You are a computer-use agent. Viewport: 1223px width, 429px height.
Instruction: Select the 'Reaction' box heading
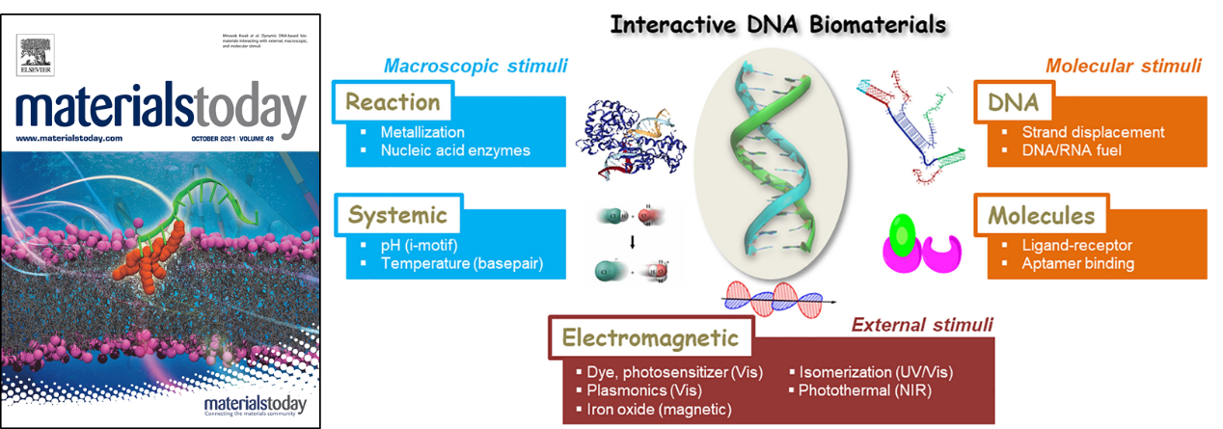[x=393, y=101]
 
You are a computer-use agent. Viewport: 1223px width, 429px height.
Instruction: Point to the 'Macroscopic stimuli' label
[x=476, y=67]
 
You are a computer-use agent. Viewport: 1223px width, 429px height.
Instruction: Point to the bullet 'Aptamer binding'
[x=1076, y=262]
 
